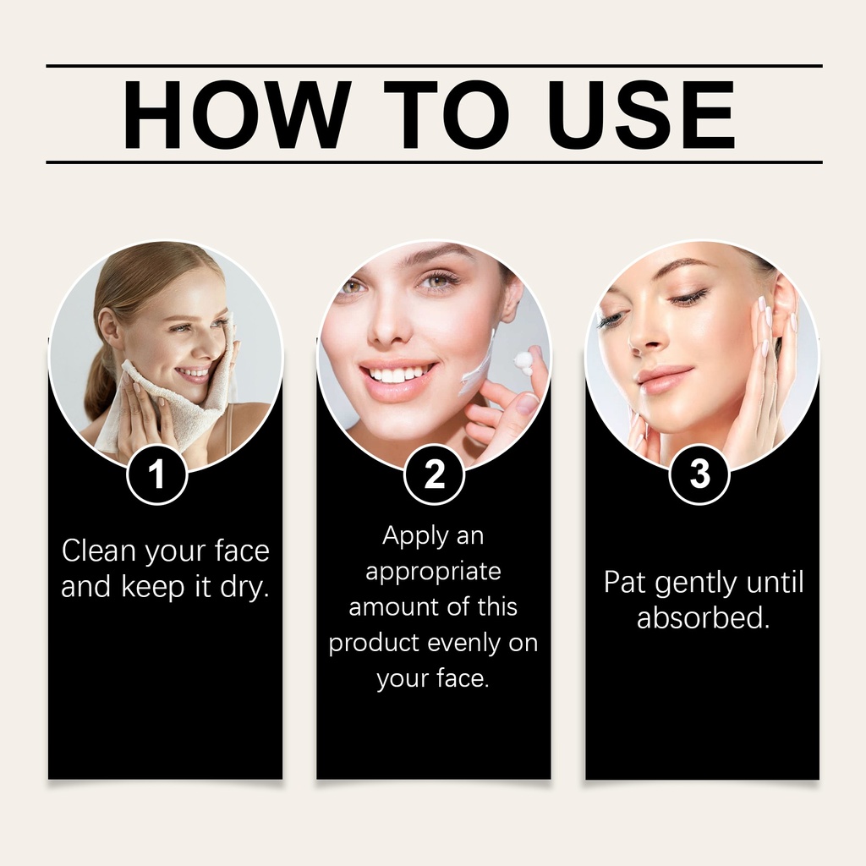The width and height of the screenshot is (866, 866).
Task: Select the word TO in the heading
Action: coord(447,114)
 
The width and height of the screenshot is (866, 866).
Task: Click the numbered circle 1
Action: coord(156,474)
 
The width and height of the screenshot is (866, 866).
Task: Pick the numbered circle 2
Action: coord(434,474)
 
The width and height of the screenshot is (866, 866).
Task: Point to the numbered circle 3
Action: coord(699,474)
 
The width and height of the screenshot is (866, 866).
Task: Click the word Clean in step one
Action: coord(99,551)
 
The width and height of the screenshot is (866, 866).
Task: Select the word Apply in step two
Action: coord(408,536)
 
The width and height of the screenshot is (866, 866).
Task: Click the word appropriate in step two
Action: coord(434,573)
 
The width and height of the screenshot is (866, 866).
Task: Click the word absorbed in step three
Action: coord(703,617)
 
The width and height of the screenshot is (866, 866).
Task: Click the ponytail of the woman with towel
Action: coord(100,381)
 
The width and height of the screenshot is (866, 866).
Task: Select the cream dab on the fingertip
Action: coord(521,360)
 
